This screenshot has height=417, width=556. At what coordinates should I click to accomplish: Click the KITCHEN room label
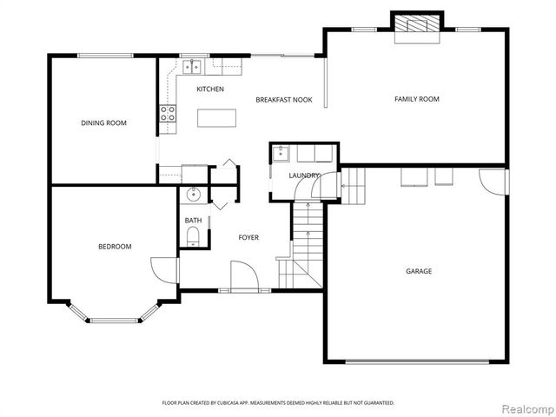(x=210, y=89)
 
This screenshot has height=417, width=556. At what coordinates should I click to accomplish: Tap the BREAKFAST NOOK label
(x=283, y=100)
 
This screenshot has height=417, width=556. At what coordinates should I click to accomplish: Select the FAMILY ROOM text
(x=417, y=99)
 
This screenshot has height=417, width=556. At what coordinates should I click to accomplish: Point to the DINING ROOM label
(x=104, y=123)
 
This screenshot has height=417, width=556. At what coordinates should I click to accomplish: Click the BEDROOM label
(x=115, y=247)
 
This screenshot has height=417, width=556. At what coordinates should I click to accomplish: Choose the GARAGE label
(x=419, y=271)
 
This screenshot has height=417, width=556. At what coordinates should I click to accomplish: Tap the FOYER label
(x=248, y=237)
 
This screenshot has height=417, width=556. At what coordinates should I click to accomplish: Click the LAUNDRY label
(x=304, y=175)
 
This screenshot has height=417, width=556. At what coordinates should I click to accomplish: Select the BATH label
(x=193, y=221)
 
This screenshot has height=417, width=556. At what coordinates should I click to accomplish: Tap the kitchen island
(x=217, y=117)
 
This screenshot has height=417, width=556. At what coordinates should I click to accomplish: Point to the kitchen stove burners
(x=168, y=113)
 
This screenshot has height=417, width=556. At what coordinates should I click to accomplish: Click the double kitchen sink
(x=192, y=65)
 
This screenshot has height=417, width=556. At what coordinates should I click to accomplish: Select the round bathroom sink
(x=194, y=195)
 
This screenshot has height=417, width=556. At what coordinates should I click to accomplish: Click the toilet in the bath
(x=194, y=236)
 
